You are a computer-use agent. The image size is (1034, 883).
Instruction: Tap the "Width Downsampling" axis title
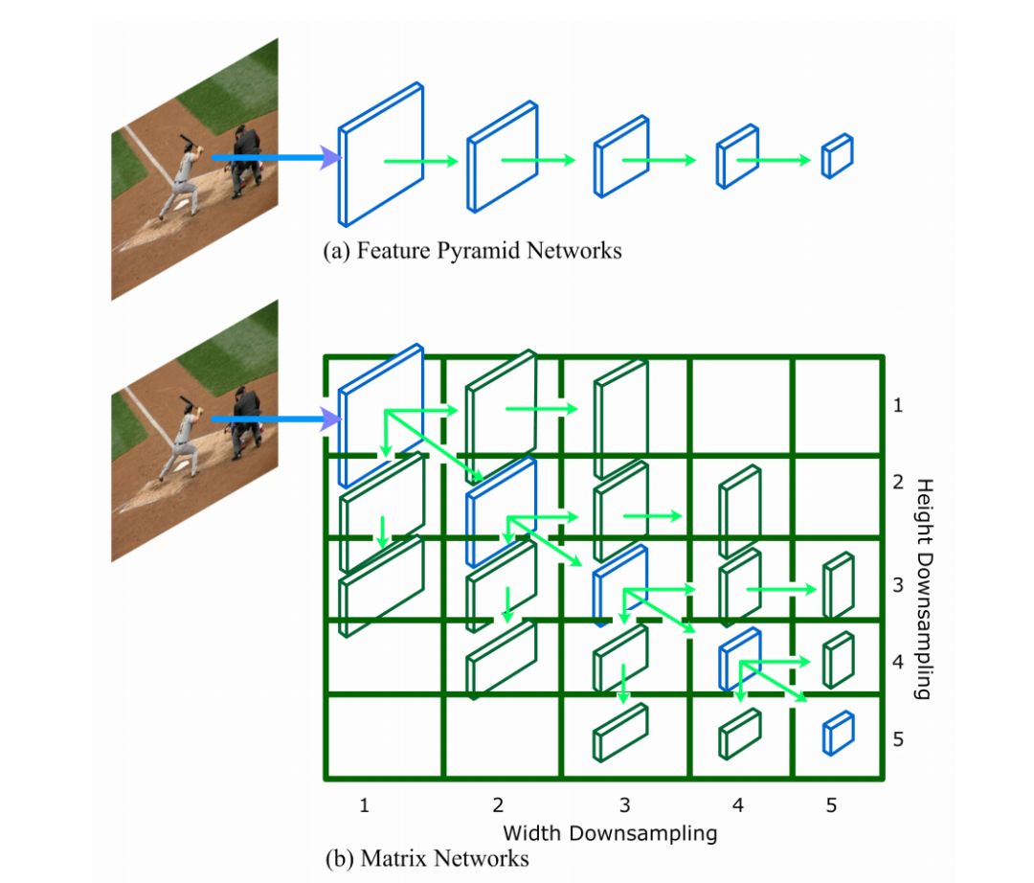(x=609, y=832)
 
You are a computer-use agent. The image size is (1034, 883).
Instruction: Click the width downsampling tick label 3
(x=624, y=805)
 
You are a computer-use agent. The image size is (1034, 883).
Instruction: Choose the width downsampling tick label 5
(x=831, y=805)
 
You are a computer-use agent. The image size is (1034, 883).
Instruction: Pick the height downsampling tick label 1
(x=897, y=405)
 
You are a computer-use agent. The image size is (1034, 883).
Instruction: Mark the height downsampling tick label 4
(x=897, y=662)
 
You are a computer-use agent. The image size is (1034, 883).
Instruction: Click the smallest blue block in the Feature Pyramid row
(x=837, y=156)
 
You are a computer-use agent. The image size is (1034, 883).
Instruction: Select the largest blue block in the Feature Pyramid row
(x=379, y=155)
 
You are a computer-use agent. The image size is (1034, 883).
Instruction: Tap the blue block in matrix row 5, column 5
(x=838, y=733)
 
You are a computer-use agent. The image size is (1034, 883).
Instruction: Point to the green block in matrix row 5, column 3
(x=620, y=733)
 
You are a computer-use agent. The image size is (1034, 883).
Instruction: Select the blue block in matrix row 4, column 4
(x=739, y=660)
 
